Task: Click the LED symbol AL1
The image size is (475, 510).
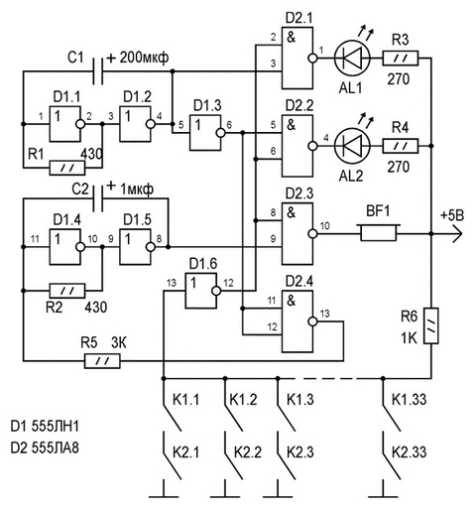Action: (352, 59)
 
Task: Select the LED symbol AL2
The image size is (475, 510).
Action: (352, 146)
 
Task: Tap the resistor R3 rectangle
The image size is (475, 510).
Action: (401, 59)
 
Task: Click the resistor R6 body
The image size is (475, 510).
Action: (431, 325)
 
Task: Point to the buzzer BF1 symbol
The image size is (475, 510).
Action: (378, 233)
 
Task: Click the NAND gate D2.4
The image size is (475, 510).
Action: (299, 321)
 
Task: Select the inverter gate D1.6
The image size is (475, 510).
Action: (202, 291)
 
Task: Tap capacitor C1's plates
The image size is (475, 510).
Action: (98, 71)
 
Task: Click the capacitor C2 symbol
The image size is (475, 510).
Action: (98, 198)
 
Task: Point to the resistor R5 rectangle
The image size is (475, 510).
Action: (102, 361)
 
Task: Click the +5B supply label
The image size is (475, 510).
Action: (452, 215)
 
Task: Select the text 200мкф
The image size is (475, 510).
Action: (144, 58)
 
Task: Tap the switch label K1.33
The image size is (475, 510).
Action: (409, 400)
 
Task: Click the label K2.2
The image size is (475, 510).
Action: (248, 452)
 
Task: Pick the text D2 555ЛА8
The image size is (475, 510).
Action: (45, 448)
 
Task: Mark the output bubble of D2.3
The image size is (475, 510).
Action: (312, 234)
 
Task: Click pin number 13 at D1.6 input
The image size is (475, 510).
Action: (172, 283)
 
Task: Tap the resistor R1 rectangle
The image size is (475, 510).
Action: (67, 168)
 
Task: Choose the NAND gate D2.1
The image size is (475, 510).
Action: (299, 59)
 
